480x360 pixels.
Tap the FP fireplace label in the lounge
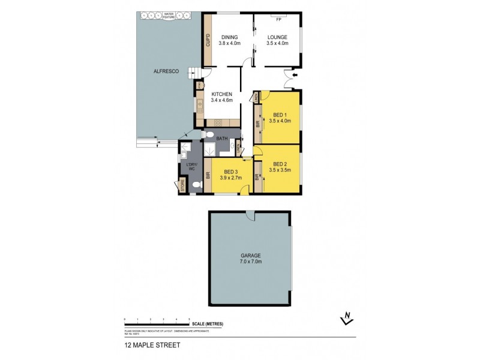pos(278,19)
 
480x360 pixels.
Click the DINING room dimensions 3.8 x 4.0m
pos(229,43)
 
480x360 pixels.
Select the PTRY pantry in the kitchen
pos(198,86)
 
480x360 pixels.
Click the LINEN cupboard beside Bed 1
pos(256,97)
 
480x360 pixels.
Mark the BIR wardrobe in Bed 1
pos(257,123)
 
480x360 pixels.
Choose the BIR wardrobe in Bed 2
pos(257,176)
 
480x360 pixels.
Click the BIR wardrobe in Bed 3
pos(208,176)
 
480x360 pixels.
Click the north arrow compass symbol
pos(346,319)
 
